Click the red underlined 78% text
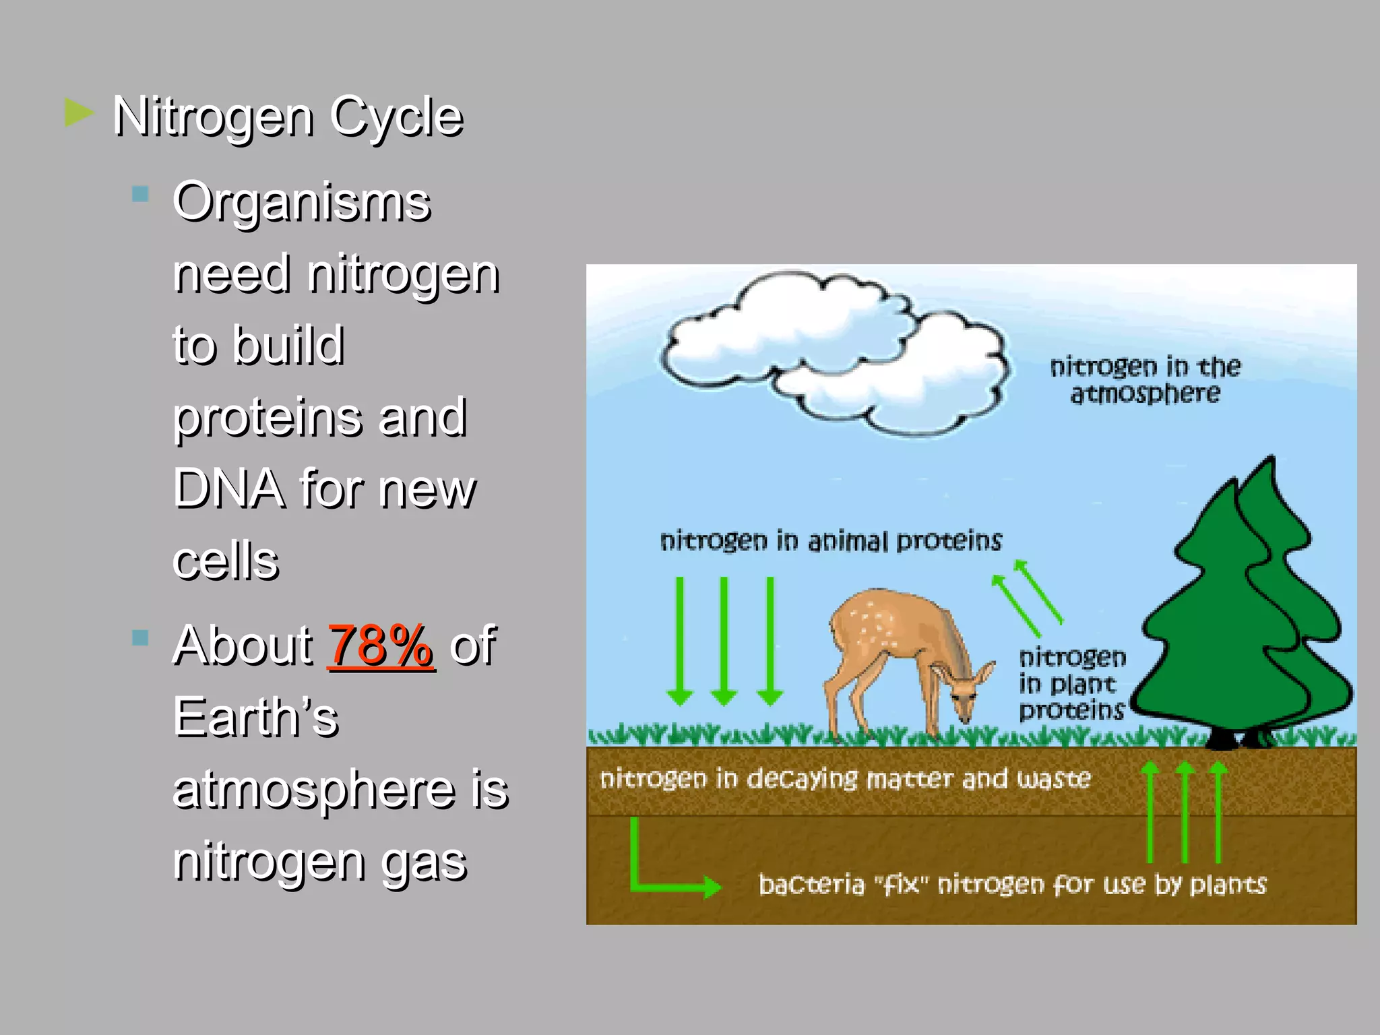pos(381,646)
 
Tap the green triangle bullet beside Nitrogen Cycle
pos(79,113)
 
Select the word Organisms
pos(301,201)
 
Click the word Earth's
pos(255,717)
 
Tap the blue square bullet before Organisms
pos(140,195)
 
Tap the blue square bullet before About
pos(140,637)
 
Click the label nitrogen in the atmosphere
pos(1145,380)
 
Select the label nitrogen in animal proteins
pos(831,541)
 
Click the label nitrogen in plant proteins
pos(1071,683)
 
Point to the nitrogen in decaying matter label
pos(845,778)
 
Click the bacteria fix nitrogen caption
pos(1012,884)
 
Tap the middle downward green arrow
pos(724,640)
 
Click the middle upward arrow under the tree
pos(1184,812)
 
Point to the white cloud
pos(836,350)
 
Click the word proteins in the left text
pos(255,417)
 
